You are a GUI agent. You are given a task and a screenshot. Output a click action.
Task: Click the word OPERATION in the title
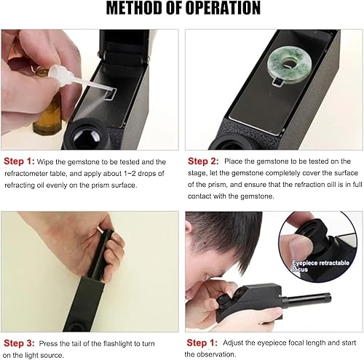(223, 8)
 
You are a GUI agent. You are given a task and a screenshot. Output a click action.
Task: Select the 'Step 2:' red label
(203, 161)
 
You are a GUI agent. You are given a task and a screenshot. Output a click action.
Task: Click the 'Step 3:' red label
(19, 343)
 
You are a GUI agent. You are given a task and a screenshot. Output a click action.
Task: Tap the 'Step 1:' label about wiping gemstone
(19, 161)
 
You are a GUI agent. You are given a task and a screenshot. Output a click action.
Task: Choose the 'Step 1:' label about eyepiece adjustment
(202, 343)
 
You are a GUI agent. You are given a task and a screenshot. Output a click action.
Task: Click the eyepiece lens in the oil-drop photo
(87, 139)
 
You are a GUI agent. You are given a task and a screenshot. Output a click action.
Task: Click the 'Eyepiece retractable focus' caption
(320, 266)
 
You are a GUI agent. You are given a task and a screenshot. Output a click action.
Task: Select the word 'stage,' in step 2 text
(197, 173)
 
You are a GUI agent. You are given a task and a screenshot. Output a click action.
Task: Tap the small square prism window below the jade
(277, 81)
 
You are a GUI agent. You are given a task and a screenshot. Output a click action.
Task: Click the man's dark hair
(226, 238)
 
